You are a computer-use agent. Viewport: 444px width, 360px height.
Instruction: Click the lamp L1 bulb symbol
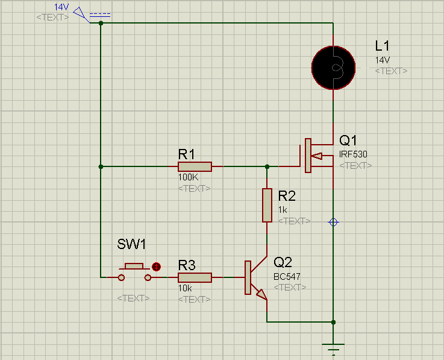[333, 68]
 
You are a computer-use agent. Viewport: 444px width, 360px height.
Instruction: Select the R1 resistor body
[195, 166]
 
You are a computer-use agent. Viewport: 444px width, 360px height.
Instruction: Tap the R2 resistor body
[267, 205]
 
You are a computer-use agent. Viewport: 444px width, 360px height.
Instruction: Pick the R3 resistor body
[195, 277]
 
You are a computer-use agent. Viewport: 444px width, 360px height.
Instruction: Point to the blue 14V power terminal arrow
[80, 13]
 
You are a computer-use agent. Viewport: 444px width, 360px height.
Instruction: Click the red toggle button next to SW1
[156, 267]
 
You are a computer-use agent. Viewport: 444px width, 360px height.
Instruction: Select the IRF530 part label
[353, 154]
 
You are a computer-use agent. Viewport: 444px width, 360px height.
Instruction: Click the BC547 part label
[287, 276]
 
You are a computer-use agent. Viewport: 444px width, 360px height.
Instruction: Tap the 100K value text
[189, 177]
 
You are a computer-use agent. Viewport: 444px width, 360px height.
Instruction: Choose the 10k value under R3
[185, 288]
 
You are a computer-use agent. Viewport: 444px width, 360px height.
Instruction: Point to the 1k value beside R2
[283, 210]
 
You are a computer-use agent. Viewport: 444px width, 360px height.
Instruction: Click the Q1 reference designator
[348, 141]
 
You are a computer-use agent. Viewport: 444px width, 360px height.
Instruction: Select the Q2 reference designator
[283, 262]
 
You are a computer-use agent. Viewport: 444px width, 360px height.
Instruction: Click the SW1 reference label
[131, 244]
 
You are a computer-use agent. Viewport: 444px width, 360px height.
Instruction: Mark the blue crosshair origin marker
[333, 223]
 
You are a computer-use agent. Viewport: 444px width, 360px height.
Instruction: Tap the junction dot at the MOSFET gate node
[267, 166]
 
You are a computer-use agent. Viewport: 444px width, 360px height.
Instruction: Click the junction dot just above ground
[333, 322]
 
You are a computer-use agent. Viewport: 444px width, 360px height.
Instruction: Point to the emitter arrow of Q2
[261, 294]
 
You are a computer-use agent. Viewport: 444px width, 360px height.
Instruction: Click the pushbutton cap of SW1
[134, 266]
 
